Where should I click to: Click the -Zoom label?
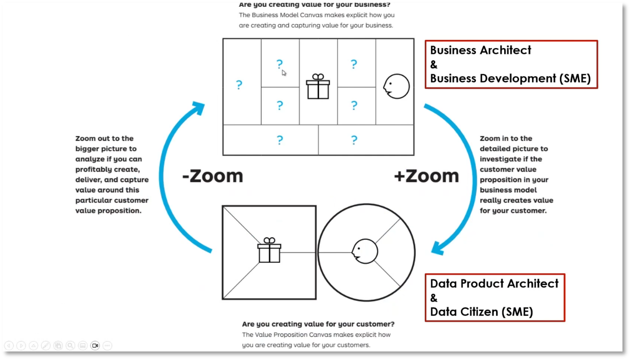[212, 176]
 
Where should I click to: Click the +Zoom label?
[426, 176]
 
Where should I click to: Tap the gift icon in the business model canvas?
[318, 86]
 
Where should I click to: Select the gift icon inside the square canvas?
[269, 250]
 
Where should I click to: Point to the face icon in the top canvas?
[396, 86]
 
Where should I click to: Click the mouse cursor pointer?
[284, 73]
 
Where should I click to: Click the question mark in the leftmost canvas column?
[239, 84]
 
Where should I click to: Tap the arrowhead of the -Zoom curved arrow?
[198, 108]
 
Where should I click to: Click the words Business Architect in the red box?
[480, 50]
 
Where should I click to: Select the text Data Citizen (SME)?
[481, 312]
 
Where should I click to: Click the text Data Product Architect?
[494, 284]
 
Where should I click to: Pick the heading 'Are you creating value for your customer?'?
[318, 324]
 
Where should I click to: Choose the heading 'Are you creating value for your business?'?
[315, 5]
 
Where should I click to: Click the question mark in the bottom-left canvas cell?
[280, 140]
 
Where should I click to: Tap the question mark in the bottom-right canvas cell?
[354, 140]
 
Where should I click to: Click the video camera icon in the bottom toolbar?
[95, 346]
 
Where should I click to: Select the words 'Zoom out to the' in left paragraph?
[104, 138]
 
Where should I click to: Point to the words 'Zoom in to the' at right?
[506, 138]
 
